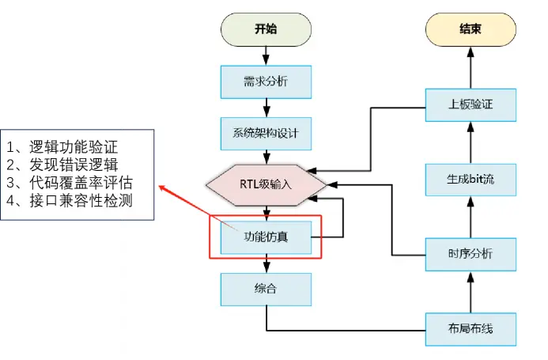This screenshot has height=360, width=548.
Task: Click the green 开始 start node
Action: (266, 30)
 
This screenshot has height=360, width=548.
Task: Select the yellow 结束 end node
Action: (471, 30)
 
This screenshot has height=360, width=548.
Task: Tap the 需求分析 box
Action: (266, 80)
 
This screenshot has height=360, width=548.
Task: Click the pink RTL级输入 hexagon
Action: (266, 184)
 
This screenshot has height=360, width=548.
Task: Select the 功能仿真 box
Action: (266, 235)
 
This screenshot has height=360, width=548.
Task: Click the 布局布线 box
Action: (471, 328)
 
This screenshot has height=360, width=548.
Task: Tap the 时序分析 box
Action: (471, 253)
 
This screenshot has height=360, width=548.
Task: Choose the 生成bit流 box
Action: (471, 179)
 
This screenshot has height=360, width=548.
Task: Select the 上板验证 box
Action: (471, 104)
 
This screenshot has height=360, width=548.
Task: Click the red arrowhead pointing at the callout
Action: (162, 188)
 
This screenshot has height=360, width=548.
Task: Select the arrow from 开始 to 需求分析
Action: (266, 55)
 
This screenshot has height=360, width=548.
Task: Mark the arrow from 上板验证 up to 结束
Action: (471, 67)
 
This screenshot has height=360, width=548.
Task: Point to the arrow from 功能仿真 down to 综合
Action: (266, 263)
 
